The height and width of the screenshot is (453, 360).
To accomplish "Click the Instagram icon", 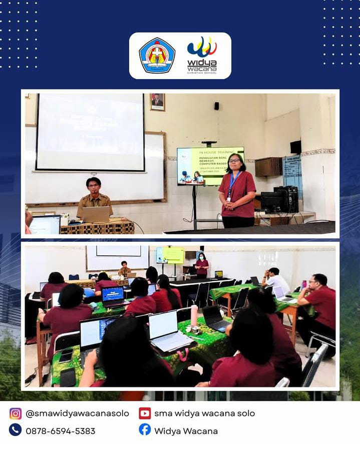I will (x=16, y=413).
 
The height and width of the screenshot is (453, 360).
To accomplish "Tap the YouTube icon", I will (x=145, y=413).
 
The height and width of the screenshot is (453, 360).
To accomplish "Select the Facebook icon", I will (x=145, y=429).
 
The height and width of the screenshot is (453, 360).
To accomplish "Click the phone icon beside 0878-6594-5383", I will (x=16, y=430).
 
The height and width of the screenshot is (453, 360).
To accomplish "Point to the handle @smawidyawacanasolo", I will (x=77, y=413).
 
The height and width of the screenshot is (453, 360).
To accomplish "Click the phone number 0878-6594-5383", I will (x=60, y=430).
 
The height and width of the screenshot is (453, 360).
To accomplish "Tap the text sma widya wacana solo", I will (x=204, y=413).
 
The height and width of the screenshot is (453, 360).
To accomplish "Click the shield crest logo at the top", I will (x=157, y=56).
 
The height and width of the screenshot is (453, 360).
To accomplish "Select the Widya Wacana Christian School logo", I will (x=202, y=56).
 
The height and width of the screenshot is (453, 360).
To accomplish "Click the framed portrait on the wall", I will (x=157, y=102).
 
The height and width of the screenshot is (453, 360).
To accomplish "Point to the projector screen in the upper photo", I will (x=90, y=132).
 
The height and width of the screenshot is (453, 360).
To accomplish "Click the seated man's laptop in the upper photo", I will (x=96, y=214).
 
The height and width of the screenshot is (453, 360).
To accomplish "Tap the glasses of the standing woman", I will (x=234, y=161).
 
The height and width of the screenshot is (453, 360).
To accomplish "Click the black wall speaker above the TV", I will (x=216, y=106).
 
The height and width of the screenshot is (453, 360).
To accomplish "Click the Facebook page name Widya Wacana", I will (x=186, y=430).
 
